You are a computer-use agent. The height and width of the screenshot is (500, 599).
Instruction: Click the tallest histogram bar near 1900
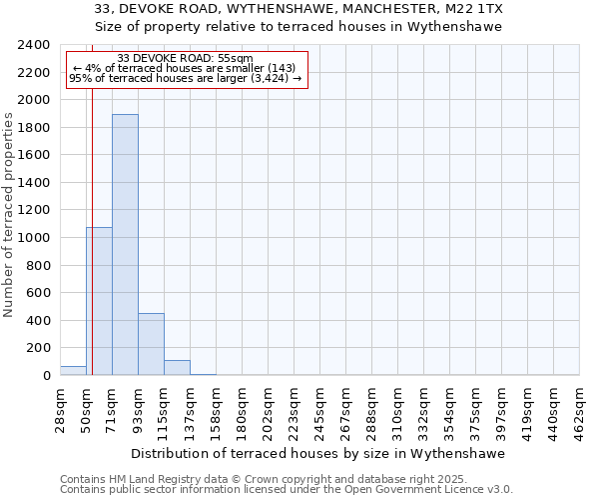(x=125, y=245)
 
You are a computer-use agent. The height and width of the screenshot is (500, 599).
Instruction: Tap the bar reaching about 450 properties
(x=151, y=344)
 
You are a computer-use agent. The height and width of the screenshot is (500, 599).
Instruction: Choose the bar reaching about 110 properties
(x=177, y=367)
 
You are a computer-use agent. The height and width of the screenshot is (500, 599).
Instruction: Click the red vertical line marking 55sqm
(x=92, y=200)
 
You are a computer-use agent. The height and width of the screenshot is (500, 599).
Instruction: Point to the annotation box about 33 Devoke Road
(x=185, y=69)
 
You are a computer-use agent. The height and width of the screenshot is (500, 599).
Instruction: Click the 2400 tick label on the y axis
(x=34, y=45)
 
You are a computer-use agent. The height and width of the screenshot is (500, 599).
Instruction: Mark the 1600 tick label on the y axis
(x=34, y=155)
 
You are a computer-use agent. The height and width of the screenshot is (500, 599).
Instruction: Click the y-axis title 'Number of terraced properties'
(x=9, y=214)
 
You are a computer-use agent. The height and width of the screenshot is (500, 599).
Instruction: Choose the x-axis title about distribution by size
(x=317, y=453)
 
